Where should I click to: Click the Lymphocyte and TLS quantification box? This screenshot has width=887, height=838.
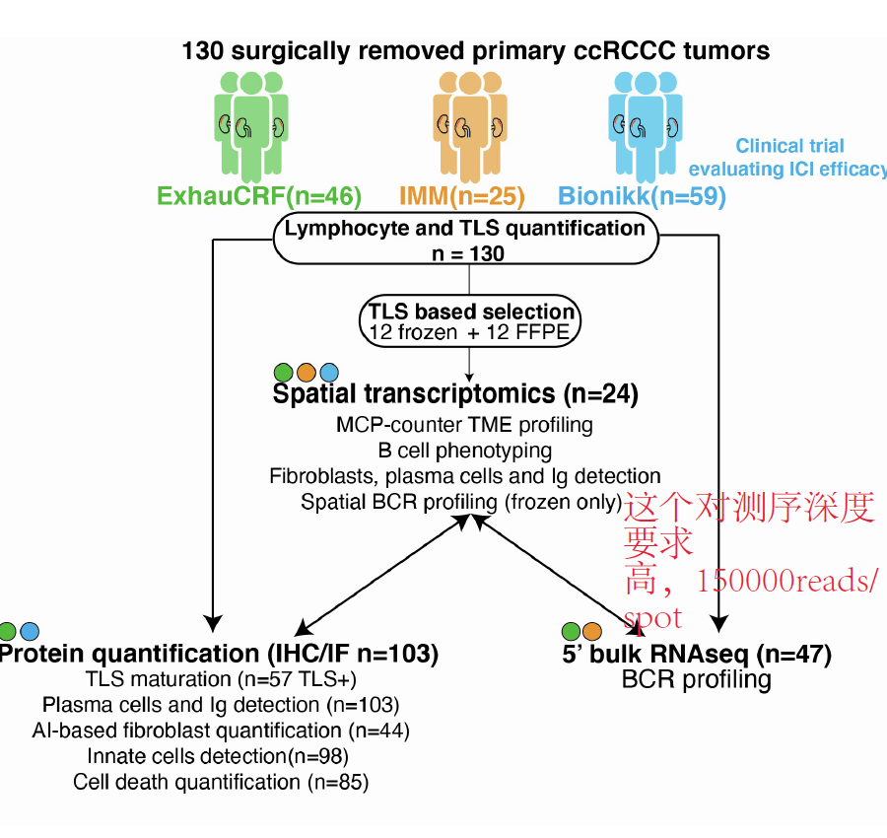click(x=465, y=240)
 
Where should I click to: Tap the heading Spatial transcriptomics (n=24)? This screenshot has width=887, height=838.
click(x=455, y=394)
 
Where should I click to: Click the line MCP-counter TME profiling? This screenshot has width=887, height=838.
click(x=464, y=425)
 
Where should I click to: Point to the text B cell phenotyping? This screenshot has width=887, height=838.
click(x=464, y=451)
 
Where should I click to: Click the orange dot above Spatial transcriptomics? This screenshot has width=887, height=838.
click(x=306, y=373)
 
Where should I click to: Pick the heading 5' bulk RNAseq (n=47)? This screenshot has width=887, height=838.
click(x=697, y=654)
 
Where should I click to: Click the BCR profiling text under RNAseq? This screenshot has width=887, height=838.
click(x=696, y=679)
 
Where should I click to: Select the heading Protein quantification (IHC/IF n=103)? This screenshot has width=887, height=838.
click(x=219, y=654)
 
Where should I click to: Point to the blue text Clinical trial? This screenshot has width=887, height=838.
click(x=789, y=146)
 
